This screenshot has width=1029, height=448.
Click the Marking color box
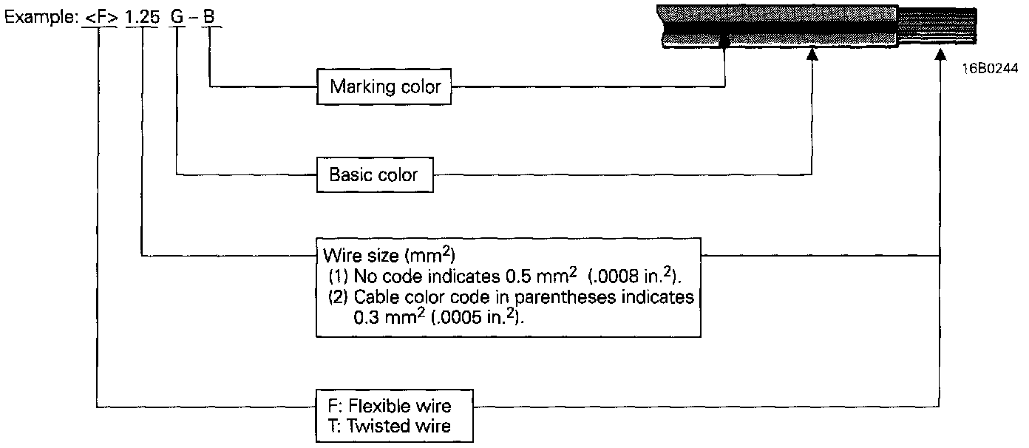pos(385,87)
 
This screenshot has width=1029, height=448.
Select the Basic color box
pos(374,175)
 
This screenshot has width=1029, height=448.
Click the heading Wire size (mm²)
pos(389,255)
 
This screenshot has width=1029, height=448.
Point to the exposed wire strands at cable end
pos(943,26)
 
